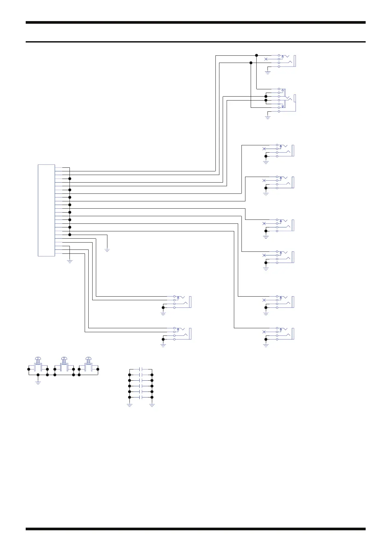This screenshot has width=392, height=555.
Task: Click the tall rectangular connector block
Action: pyautogui.click(x=46, y=210)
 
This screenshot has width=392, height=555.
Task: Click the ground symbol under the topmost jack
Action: pyautogui.click(x=267, y=72)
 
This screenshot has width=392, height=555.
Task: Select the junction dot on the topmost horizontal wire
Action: pyautogui.click(x=257, y=55)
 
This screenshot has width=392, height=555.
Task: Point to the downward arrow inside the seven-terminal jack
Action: pyautogui.click(x=283, y=106)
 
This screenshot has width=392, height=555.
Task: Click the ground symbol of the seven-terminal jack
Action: pyautogui.click(x=267, y=117)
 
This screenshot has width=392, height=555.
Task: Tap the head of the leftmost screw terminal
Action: pyautogui.click(x=38, y=359)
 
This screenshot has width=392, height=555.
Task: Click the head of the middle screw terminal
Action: pyautogui.click(x=64, y=359)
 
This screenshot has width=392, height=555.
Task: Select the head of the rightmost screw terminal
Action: pyautogui.click(x=88, y=359)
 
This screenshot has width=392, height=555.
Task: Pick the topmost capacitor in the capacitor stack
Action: pyautogui.click(x=141, y=369)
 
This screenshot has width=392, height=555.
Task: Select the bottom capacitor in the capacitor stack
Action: pyautogui.click(x=141, y=397)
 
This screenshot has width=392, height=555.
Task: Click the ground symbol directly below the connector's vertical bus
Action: pyautogui.click(x=70, y=261)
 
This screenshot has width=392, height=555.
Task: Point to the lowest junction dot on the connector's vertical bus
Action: pyautogui.click(x=70, y=235)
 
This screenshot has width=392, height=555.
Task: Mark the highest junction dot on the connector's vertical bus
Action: pyautogui.click(x=70, y=179)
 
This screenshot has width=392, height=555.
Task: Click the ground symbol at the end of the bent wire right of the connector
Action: pyautogui.click(x=107, y=250)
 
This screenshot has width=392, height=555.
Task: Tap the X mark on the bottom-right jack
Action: pyautogui.click(x=264, y=332)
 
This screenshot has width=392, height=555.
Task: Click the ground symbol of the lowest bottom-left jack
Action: pyautogui.click(x=163, y=345)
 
